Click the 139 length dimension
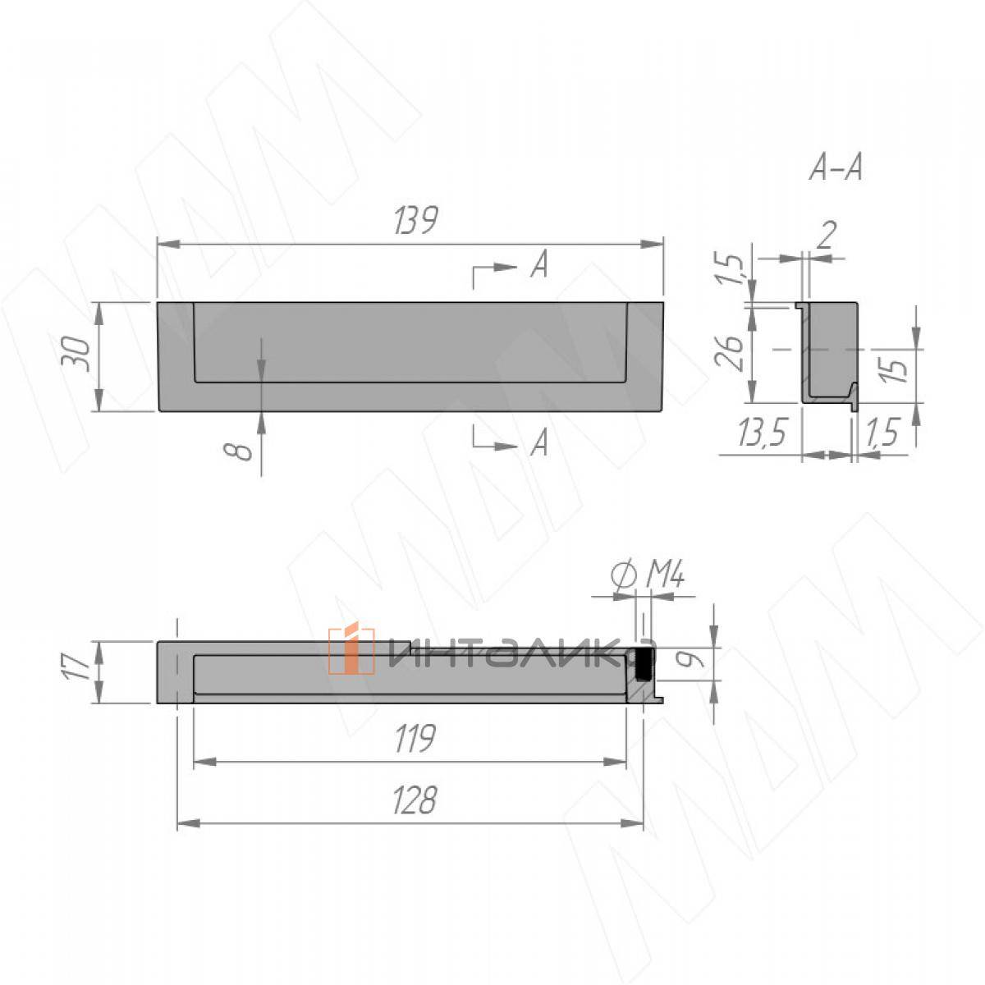point(416,220)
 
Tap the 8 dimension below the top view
point(238,451)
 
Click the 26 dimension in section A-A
point(728,352)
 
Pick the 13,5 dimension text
point(761,432)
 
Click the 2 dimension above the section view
point(825,236)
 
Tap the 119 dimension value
point(415,738)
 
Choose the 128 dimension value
point(415,800)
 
